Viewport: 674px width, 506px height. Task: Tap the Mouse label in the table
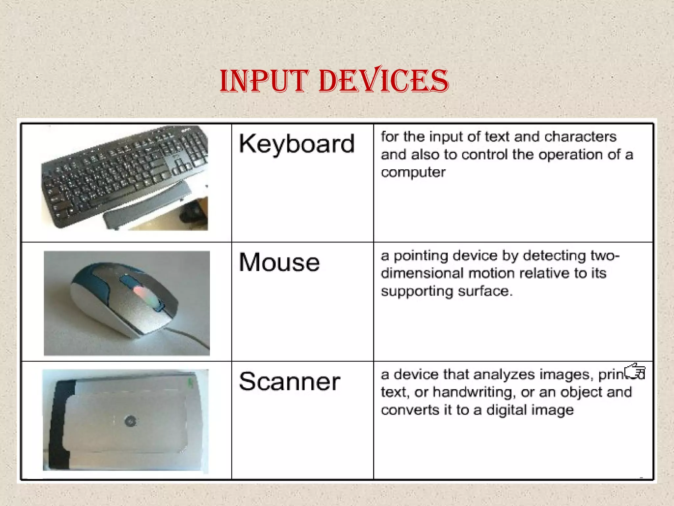[279, 263]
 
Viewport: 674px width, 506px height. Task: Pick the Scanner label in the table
[290, 381]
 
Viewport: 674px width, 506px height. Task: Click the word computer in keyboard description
[413, 172]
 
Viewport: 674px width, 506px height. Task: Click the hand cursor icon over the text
[635, 372]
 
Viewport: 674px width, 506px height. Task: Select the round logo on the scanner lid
[130, 421]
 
